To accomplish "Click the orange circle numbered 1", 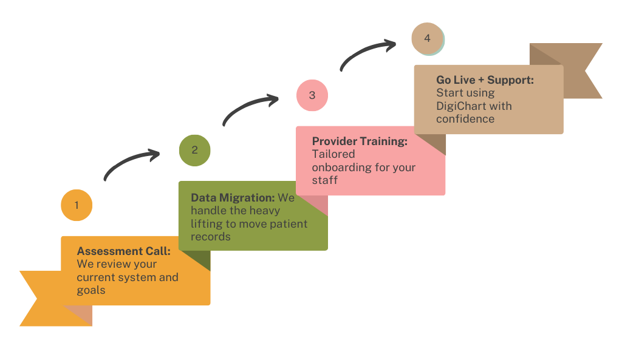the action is coord(77,205).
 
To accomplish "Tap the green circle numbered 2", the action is coord(195,151).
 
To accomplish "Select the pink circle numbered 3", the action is coord(312,95).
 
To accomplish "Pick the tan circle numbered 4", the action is coord(428,38).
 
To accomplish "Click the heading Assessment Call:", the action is coord(124,251).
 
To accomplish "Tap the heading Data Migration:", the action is coord(233,197).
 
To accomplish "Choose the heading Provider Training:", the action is coord(360,141).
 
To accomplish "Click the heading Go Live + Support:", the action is coord(485,80).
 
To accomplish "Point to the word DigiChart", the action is coord(461,106).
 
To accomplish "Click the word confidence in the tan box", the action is coord(465,119).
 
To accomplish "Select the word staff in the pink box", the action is coord(325,180).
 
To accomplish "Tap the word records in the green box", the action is coord(211,237).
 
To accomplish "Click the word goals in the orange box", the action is coord(91,290).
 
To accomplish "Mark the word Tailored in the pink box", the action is coord(333,154).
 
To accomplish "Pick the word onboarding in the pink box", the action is coord(342,168).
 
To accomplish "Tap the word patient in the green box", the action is coord(289,224).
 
